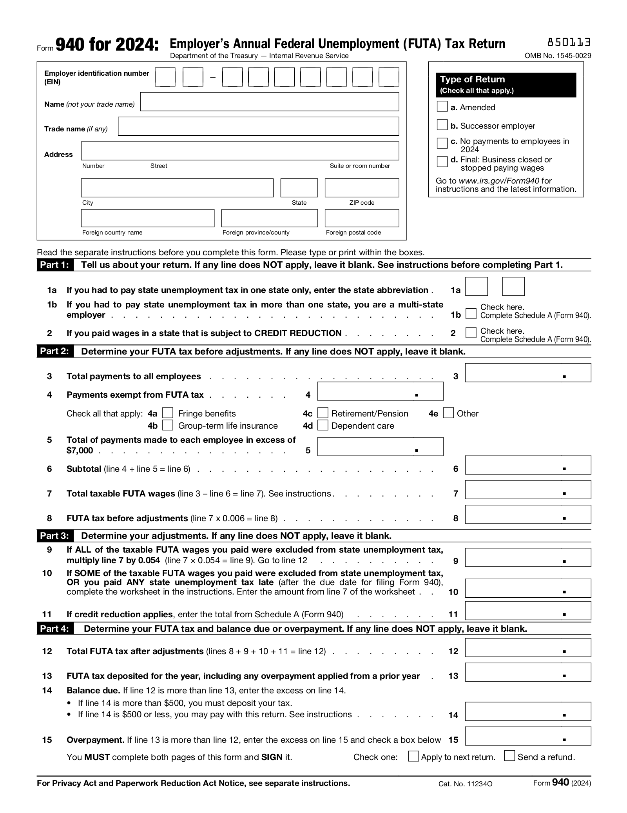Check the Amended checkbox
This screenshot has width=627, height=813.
(442, 106)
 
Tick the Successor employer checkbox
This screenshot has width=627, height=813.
(442, 125)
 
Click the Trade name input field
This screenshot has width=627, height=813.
(258, 126)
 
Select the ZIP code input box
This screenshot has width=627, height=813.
(361, 187)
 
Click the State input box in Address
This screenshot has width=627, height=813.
(299, 187)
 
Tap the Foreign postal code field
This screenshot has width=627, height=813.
(361, 218)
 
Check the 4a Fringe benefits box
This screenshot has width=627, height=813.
(168, 413)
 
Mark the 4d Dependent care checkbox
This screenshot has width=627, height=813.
(323, 425)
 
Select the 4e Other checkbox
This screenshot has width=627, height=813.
(448, 413)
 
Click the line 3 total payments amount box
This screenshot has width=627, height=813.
(527, 373)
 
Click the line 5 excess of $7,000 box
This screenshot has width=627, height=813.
(380, 446)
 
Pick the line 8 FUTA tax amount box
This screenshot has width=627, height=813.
(527, 514)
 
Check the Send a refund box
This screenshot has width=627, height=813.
(509, 755)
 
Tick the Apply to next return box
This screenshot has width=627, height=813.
(413, 756)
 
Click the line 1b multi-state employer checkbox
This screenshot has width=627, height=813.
(471, 314)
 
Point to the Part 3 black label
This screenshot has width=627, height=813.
(54, 536)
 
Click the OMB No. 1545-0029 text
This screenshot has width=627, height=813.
(558, 56)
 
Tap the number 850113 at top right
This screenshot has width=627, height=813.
(569, 42)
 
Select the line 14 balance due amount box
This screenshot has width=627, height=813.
(527, 711)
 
